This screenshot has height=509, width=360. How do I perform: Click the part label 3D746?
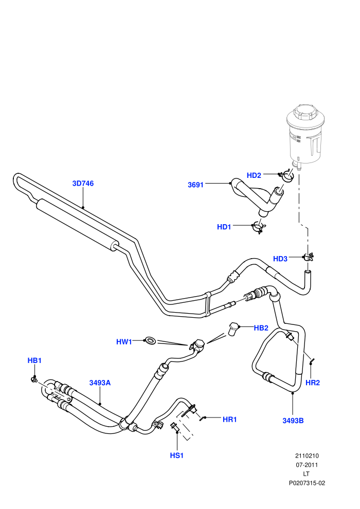point(83,184)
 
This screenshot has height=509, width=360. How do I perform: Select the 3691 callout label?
point(195,185)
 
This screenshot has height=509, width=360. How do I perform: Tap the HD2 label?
point(254,175)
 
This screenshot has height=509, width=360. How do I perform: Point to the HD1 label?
point(224,227)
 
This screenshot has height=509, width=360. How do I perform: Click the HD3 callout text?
point(280,259)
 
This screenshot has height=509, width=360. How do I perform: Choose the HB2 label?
point(261,328)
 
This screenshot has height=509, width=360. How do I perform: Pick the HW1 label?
point(124,342)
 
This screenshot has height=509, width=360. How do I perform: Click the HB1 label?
point(34,360)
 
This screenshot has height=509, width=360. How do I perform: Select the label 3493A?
point(100,383)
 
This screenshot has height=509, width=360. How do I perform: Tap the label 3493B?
point(293,421)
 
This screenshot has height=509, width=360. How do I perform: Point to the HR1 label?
point(229,420)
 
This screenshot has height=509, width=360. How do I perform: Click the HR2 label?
point(313,383)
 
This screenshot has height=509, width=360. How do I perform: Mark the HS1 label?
point(177,456)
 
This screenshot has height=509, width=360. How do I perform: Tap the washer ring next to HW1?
point(151,340)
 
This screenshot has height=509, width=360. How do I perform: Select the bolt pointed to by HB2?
point(233,329)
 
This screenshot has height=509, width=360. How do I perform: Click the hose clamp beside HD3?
point(308,257)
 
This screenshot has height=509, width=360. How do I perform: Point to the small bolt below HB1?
point(34,378)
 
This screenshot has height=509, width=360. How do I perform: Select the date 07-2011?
point(307,465)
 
